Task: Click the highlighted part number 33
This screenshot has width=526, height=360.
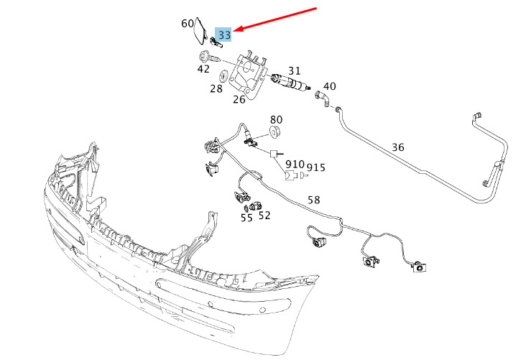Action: click(224, 34)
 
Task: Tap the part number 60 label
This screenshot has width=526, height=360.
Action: click(187, 23)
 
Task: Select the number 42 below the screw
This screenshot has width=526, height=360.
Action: click(203, 69)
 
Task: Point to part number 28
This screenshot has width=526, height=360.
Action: click(216, 88)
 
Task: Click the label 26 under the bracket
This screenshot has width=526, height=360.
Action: click(239, 99)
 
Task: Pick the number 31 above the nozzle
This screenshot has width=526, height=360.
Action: click(294, 71)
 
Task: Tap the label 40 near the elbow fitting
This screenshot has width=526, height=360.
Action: click(329, 86)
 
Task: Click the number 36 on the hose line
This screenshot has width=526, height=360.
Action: click(398, 147)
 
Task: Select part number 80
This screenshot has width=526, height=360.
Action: click(276, 120)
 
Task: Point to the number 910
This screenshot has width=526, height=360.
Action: click(295, 165)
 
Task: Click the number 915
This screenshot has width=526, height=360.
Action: click(315, 167)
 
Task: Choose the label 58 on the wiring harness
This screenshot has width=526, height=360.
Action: click(313, 200)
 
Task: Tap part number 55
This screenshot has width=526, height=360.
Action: click(246, 218)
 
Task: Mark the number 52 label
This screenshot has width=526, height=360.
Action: click(264, 216)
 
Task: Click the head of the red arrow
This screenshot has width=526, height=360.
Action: click(234, 31)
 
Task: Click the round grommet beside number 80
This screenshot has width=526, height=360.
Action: click(275, 131)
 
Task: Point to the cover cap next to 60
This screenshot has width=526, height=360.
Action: click(201, 31)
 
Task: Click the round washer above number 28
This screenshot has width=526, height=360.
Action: click(223, 75)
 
